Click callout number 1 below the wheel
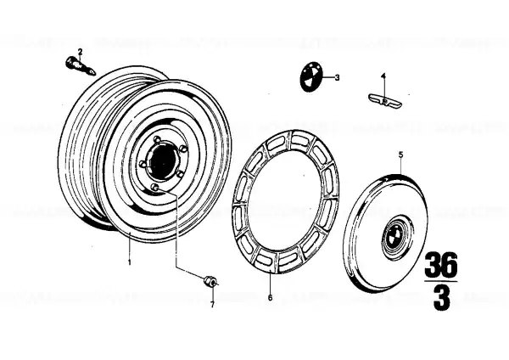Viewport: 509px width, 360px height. (130, 262)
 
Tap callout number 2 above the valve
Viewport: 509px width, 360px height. (80, 52)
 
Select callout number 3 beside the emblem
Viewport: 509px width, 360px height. (337, 77)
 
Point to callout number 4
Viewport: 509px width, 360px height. (383, 76)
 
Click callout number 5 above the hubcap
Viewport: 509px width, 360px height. (401, 155)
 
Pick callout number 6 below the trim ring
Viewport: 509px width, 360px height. (271, 298)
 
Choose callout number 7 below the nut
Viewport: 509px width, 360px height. (212, 305)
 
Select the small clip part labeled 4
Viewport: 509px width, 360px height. (384, 101)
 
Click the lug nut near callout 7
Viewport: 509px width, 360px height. (210, 281)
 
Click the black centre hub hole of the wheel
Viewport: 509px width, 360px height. (163, 160)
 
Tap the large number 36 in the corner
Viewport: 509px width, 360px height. (441, 264)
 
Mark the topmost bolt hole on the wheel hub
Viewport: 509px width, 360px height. (158, 140)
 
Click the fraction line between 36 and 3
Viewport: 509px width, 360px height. (441, 281)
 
